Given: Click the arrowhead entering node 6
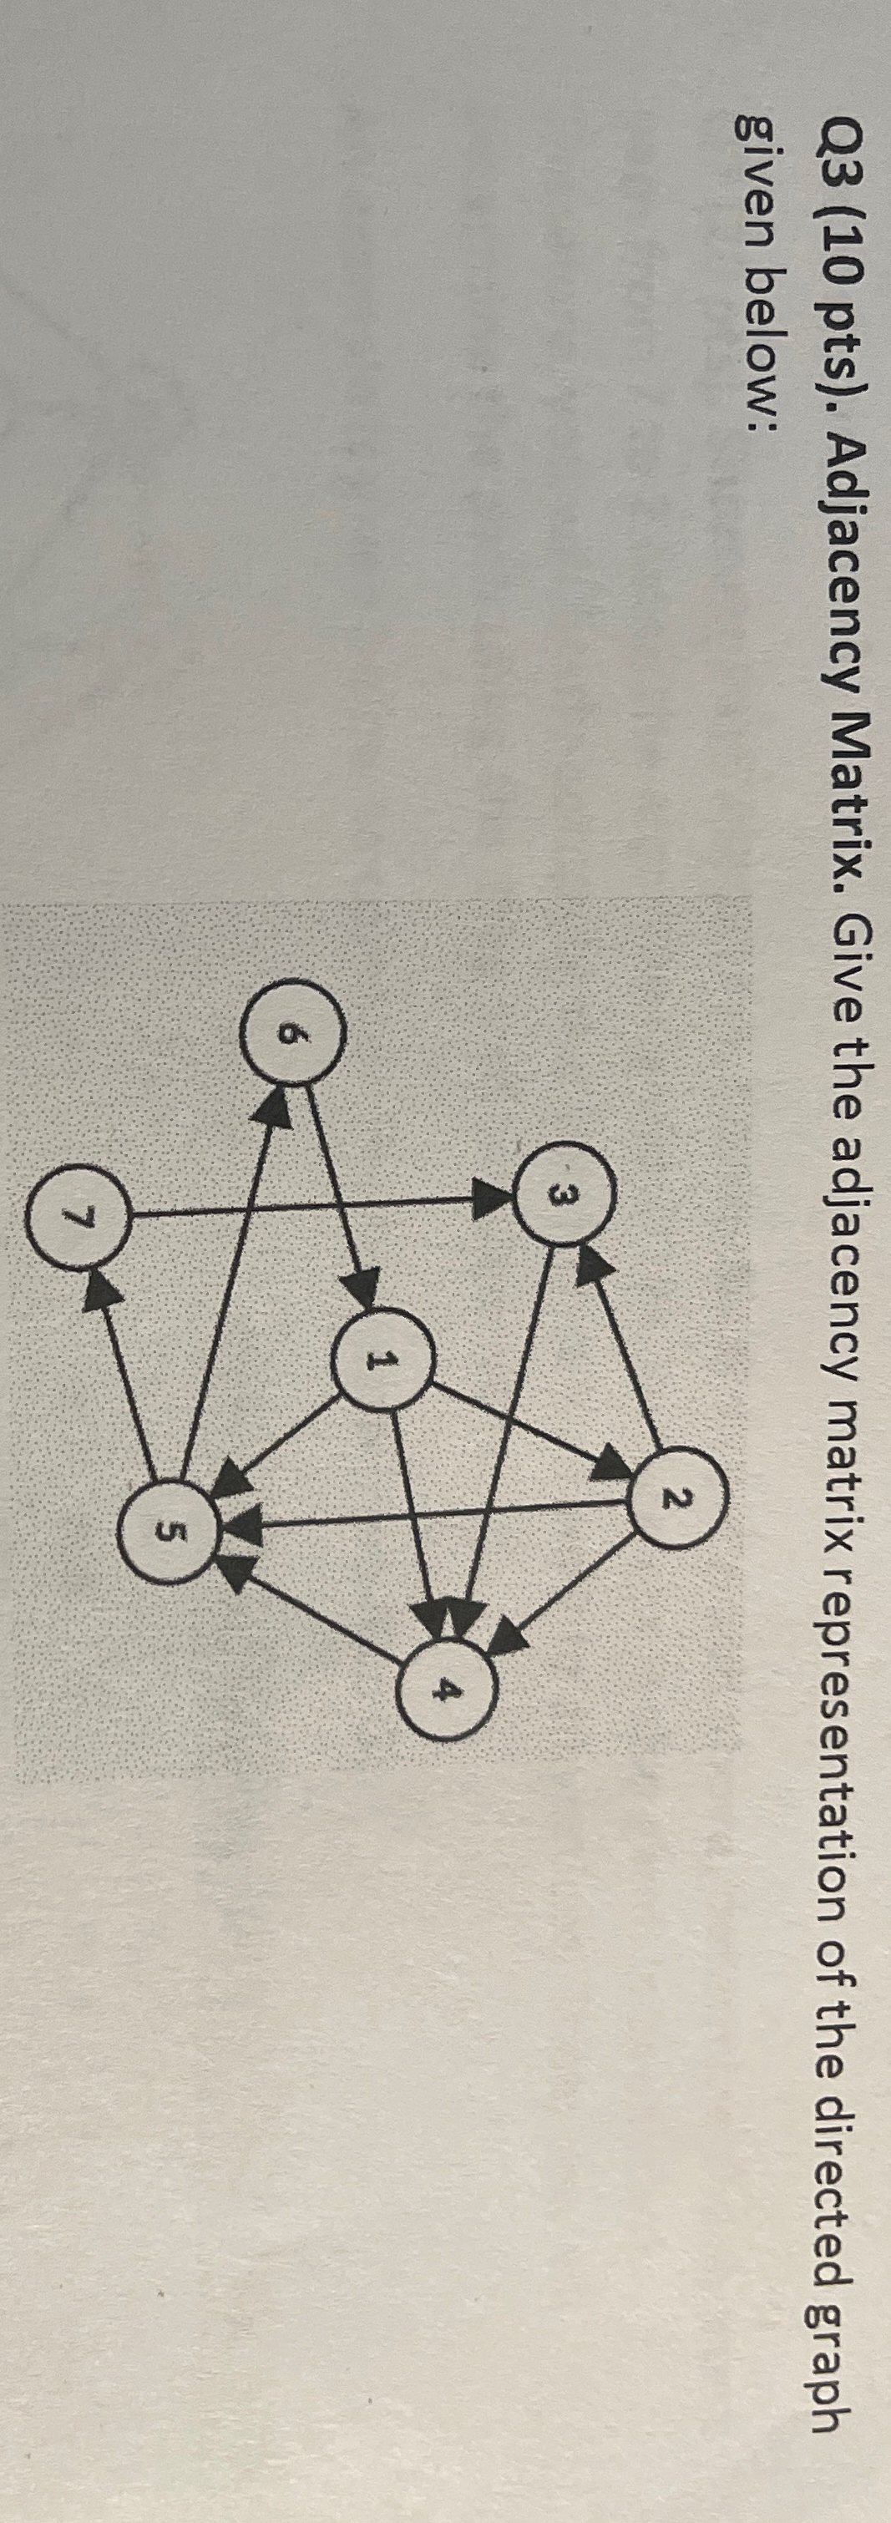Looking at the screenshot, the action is coord(275,1107).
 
